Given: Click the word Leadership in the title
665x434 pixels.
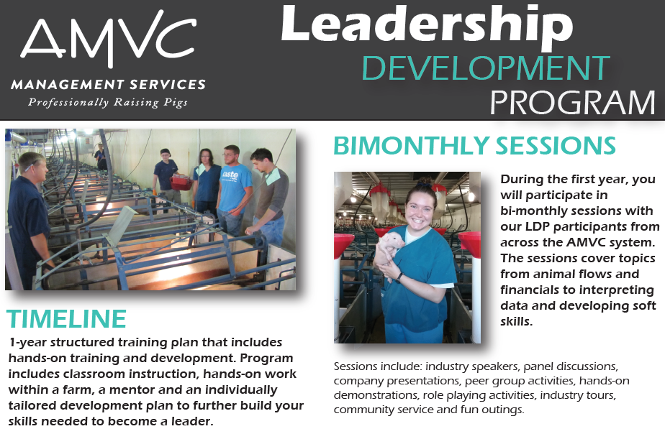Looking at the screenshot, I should [x=426, y=25].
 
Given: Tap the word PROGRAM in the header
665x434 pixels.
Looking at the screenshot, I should [x=573, y=103].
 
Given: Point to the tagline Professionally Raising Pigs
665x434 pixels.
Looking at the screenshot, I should [x=108, y=102].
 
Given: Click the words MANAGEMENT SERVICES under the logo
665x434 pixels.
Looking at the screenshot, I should [x=108, y=85].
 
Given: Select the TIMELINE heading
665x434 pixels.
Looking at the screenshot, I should [x=66, y=319].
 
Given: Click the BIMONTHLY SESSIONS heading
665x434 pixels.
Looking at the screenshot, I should [x=474, y=145].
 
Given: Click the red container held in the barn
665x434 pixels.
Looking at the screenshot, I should [x=181, y=183].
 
